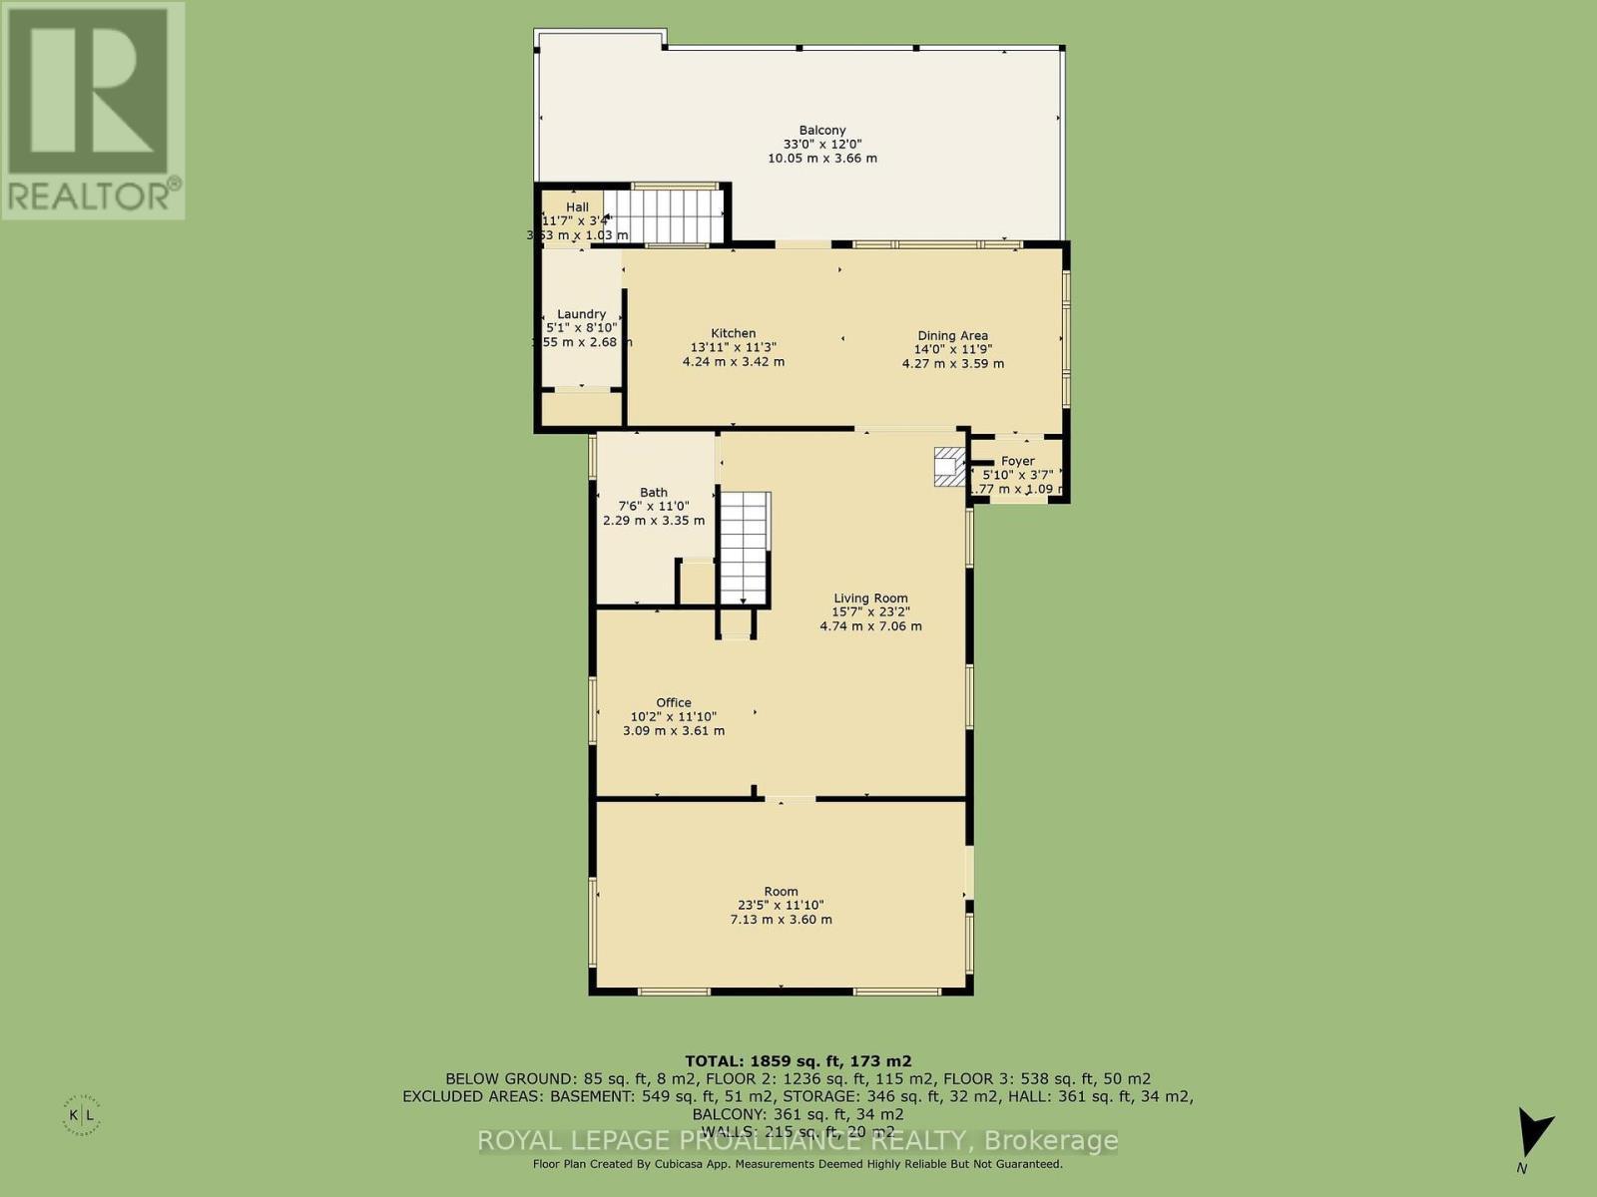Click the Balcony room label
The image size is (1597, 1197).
(821, 131)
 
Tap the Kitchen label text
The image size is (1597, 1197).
(733, 333)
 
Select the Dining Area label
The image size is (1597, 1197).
(952, 336)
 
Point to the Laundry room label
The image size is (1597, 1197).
(581, 314)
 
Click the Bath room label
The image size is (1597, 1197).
(654, 492)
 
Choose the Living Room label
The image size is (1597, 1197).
(870, 598)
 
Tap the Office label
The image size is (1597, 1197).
(674, 702)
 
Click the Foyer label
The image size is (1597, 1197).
(1017, 461)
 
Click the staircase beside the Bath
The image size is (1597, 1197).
(745, 548)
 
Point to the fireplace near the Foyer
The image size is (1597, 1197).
(949, 467)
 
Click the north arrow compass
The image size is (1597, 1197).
(1532, 1137)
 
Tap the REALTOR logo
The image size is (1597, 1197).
(92, 110)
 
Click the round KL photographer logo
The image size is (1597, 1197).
(81, 1113)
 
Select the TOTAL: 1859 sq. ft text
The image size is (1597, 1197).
(798, 1061)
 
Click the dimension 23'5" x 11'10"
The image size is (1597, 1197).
(781, 906)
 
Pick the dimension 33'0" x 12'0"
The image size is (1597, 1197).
(821, 145)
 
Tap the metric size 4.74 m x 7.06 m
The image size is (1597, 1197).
(870, 626)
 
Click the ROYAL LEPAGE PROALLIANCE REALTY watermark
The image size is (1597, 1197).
(798, 1140)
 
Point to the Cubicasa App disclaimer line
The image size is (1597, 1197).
(798, 1164)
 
